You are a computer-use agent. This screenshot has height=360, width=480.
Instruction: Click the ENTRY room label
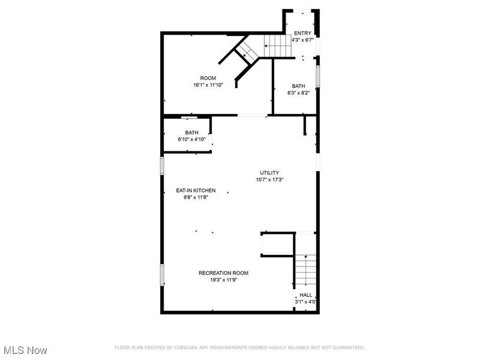(x=302, y=33)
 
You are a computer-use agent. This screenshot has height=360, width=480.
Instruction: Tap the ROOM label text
(x=208, y=78)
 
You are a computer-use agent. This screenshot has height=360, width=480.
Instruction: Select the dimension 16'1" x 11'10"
(x=208, y=85)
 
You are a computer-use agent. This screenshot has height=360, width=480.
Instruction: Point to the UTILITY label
(x=269, y=173)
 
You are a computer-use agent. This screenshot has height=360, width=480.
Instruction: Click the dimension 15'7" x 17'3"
(x=269, y=179)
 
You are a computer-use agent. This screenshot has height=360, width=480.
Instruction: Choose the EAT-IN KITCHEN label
(x=196, y=190)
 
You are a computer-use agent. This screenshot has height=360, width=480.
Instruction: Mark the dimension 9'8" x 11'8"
(x=196, y=197)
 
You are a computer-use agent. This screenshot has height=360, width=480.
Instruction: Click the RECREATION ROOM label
(x=223, y=273)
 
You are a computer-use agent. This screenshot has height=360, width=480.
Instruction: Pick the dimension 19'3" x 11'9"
(x=223, y=280)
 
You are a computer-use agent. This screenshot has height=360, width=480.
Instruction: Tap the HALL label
(x=306, y=295)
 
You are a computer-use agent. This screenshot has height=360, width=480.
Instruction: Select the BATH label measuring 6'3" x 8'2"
(x=298, y=86)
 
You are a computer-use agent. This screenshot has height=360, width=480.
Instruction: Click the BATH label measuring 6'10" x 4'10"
(x=191, y=133)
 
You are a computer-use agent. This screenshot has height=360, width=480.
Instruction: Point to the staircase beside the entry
(x=277, y=44)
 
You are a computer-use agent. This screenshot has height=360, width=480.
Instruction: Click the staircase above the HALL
(x=305, y=270)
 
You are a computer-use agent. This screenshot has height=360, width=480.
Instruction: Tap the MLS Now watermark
(x=25, y=349)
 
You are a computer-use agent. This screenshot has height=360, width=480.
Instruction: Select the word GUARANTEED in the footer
(x=348, y=347)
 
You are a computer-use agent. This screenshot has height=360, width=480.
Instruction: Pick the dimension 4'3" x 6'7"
(x=302, y=40)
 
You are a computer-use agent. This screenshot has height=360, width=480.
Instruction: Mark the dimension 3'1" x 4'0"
(x=306, y=302)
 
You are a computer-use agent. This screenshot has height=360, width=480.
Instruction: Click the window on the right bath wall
(x=318, y=77)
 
